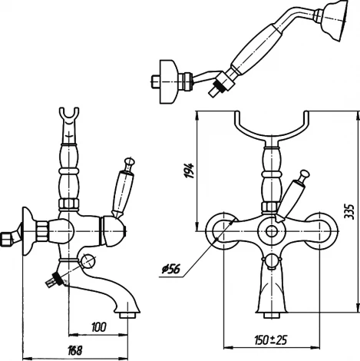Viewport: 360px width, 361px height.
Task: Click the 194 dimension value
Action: (x=190, y=171)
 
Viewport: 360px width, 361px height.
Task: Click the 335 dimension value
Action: (x=349, y=211)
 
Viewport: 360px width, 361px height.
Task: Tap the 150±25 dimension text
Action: (x=271, y=340)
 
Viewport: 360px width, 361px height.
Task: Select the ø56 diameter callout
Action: (x=171, y=270)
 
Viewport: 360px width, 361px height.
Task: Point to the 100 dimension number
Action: (x=98, y=327)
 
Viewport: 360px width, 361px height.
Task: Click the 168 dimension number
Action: (x=75, y=350)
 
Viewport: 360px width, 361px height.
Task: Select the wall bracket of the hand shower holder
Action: (x=168, y=81)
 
